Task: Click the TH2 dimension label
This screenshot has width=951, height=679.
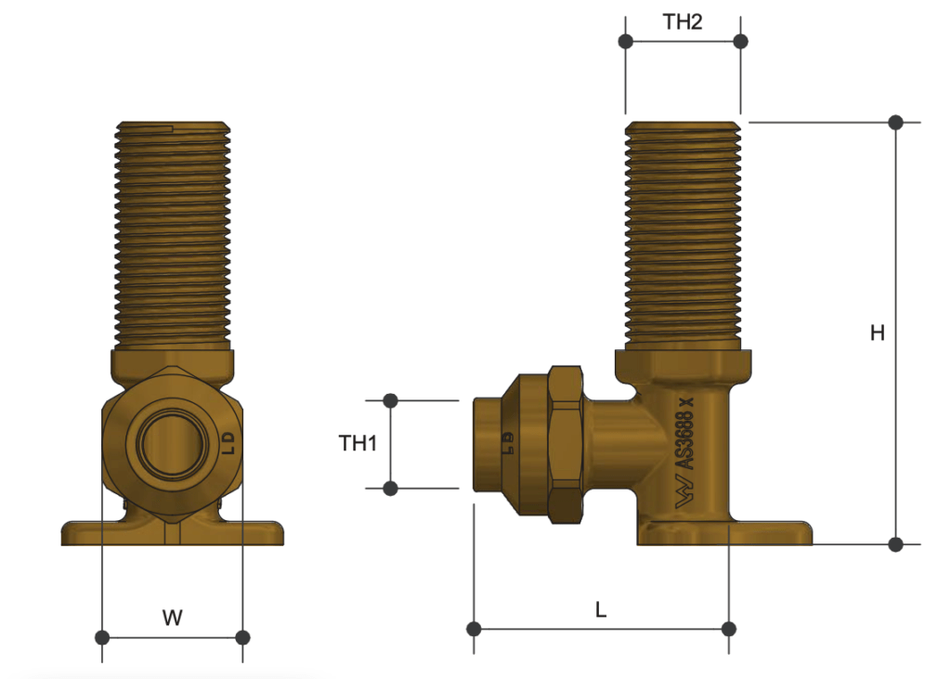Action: [683, 23]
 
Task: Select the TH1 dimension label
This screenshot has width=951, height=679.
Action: [358, 444]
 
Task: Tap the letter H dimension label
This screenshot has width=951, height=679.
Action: [877, 333]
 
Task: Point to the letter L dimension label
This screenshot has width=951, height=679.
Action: [601, 610]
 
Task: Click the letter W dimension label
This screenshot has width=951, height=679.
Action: [172, 617]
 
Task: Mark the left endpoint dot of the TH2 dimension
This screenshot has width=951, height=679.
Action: [626, 41]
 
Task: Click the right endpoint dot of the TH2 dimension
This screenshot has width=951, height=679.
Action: [740, 41]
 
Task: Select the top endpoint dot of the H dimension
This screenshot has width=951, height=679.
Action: [896, 122]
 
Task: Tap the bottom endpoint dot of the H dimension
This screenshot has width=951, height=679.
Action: [896, 544]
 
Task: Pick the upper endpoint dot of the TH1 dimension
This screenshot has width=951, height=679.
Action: [391, 400]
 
